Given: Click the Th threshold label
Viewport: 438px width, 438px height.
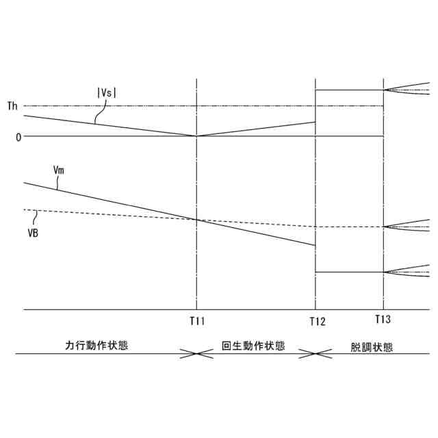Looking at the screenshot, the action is pos(12,106).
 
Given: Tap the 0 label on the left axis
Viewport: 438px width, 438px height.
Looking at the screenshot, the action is pos(18,136).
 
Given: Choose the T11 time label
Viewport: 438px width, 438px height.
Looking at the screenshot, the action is pos(197,320).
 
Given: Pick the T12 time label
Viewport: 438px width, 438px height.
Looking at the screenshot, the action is pos(316,321).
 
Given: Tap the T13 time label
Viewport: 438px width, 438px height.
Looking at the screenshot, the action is pos(383,320).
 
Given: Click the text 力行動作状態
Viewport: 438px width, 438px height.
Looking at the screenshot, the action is pos(96,346).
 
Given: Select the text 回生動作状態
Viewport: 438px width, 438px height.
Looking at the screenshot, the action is pos(254,346).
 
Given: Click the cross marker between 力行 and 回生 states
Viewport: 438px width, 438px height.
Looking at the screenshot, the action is pos(196,354).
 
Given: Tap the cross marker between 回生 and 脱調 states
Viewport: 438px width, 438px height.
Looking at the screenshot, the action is pos(315,354).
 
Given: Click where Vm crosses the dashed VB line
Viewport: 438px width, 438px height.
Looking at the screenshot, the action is pos(197,220).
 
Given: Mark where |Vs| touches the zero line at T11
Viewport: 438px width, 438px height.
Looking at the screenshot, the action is pos(197,136).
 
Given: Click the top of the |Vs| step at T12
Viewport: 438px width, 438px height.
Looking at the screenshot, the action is pos(315,90).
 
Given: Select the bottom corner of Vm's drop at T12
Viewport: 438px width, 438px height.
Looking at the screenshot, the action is pos(315,272).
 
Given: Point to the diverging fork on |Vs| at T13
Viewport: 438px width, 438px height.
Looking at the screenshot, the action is pos(385,90).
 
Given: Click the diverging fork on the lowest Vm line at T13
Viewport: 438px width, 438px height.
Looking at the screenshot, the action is pos(385,272).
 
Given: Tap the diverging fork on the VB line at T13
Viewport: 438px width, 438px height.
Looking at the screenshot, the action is pos(385,227).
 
